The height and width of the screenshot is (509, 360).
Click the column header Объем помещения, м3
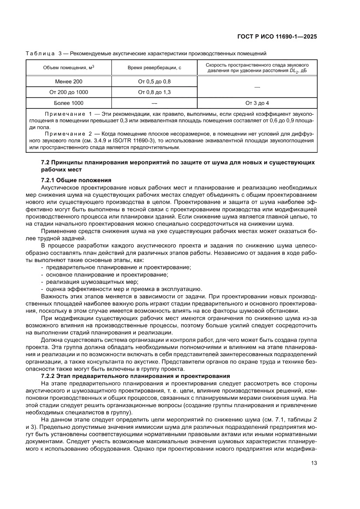coord(69,68)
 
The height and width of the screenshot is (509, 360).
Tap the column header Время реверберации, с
coord(154,68)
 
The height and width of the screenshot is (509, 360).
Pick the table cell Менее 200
coord(69,81)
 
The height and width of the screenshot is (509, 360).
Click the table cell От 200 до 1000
coord(69,92)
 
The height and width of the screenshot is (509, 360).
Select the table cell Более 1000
coord(69,103)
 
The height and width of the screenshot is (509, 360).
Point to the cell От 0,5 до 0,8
coord(154,81)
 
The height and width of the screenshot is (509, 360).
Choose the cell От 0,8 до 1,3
coord(154,92)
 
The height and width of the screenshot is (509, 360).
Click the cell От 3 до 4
coord(257,103)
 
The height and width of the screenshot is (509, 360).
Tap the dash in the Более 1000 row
coord(154,103)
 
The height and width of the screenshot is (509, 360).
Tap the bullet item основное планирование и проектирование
coord(107,275)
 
